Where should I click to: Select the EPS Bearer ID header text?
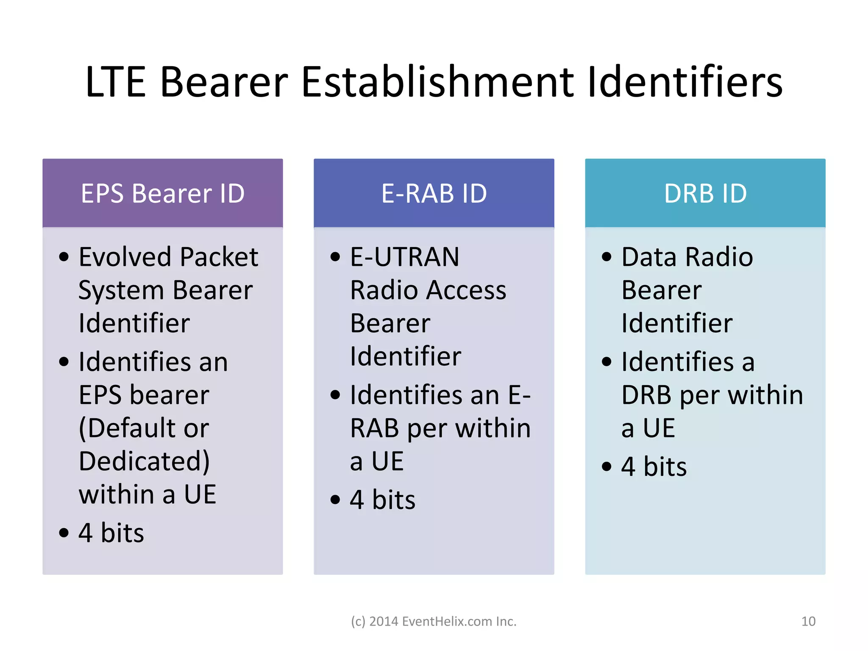coord(163,193)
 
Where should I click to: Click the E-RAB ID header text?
coord(434,193)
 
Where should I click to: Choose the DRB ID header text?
coord(705,193)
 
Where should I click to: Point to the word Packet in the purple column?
coord(219,257)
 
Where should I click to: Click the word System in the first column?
coord(121,291)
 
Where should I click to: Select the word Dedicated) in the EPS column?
coord(144,461)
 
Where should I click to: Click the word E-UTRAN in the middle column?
coord(405,257)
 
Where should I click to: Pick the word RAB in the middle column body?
coord(374,428)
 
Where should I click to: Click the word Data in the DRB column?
coord(649,257)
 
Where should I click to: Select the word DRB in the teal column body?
coord(646,395)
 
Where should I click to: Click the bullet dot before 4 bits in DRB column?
coord(607,467)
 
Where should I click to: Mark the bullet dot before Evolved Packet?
coord(64,257)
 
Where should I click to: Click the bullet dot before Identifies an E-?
coord(335,395)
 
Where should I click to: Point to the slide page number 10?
coord(808,621)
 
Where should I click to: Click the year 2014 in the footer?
coord(384,621)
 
